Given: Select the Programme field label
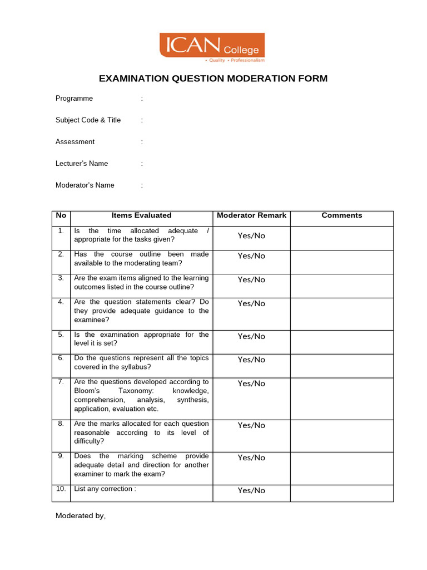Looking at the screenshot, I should pos(74,99).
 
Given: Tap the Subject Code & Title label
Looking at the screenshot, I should pos(88,120).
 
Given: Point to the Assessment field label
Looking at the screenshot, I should pos(75,142).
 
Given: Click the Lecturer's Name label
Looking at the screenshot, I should pos(82,164).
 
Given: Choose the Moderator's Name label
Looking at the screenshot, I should pos(85,185).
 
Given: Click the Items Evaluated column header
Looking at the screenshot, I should pos(141,215).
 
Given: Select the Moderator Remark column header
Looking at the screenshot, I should pos(251,215).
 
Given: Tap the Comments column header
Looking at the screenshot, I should pos(341,215).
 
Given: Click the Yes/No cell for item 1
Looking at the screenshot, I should pos(251,236).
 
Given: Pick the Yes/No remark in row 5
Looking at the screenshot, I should pos(251,337).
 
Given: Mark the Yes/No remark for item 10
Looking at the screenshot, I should pos(251,491).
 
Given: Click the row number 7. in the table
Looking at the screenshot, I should pos(61,382).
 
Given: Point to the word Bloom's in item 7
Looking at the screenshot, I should pos(86,391).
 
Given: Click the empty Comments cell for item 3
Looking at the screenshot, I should pos(341,286).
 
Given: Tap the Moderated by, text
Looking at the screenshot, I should pos(80,516).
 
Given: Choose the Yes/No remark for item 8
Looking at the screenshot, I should pos(251,426).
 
